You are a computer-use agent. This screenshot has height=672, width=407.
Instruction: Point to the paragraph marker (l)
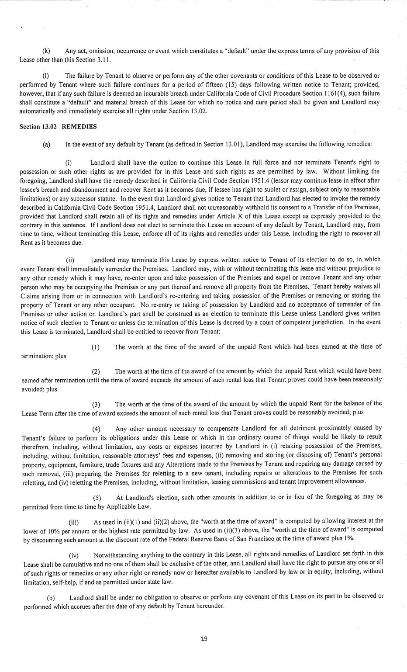(x=45, y=76)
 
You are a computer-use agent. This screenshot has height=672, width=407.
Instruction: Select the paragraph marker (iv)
(x=74, y=555)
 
